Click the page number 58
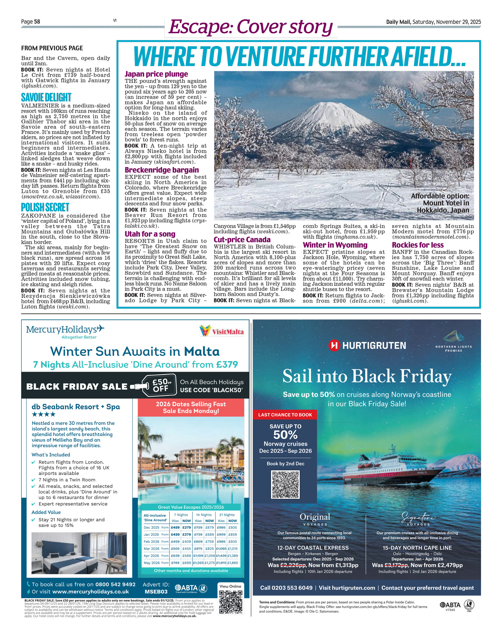(37, 22)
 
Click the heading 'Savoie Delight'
(46, 97)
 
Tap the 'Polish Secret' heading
(45, 207)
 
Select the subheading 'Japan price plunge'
(156, 74)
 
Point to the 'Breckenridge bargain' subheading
(162, 170)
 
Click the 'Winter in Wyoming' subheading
(335, 245)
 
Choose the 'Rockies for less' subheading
(418, 245)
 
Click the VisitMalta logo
(221, 331)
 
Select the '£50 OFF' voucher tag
(159, 385)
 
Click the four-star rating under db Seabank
(43, 414)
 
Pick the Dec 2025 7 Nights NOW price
(186, 527)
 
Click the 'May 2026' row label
(151, 563)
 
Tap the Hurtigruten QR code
(285, 485)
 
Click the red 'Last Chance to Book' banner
(285, 415)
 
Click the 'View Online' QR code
(230, 602)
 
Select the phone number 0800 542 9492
(115, 584)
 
